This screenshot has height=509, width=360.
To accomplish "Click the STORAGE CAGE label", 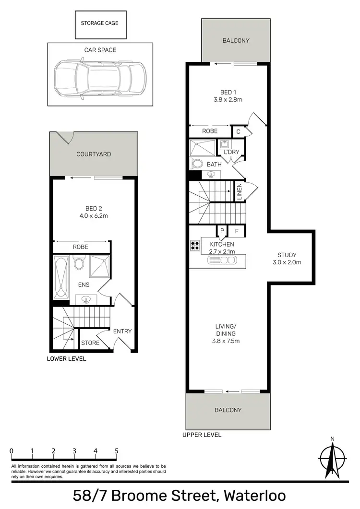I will click(x=99, y=23).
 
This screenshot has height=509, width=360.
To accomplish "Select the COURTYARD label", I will click(x=94, y=154).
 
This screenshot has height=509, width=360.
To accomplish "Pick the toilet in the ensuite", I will click(x=80, y=262).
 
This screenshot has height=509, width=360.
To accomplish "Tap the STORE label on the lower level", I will click(x=90, y=343).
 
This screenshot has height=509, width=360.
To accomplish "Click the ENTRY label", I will click(x=122, y=331).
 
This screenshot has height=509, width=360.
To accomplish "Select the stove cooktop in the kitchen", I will click(x=195, y=246).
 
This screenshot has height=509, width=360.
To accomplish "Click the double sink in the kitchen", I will click(x=222, y=260).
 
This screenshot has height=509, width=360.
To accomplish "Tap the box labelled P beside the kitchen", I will click(x=222, y=231).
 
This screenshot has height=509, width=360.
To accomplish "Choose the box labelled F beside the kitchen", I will click(x=236, y=231).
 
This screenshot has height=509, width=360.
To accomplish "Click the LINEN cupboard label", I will click(x=239, y=191).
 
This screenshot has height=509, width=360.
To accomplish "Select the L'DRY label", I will click(x=231, y=152).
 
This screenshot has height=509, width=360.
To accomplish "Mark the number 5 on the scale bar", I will click(x=117, y=451).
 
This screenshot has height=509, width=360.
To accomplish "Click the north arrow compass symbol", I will click(x=331, y=458).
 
